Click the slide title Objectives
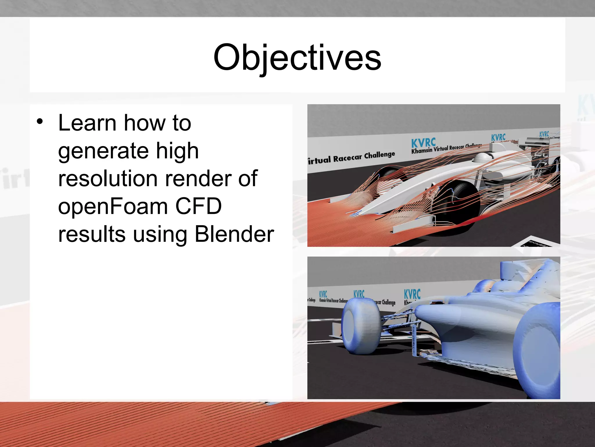coord(297,58)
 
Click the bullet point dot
coord(40,122)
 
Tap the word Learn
coord(87,123)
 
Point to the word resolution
coord(108,179)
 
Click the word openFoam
coord(113,206)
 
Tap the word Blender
coord(234,234)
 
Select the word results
coord(92,234)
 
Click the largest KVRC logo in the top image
coord(423,143)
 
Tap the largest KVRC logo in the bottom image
coord(412,294)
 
